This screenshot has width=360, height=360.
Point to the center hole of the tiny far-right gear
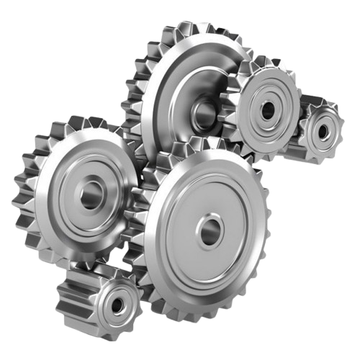coord(323,132)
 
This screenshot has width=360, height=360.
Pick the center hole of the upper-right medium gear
coord(268,110)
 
